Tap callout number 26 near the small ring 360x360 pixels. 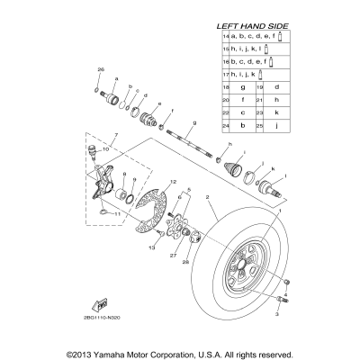click(x=101, y=69)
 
